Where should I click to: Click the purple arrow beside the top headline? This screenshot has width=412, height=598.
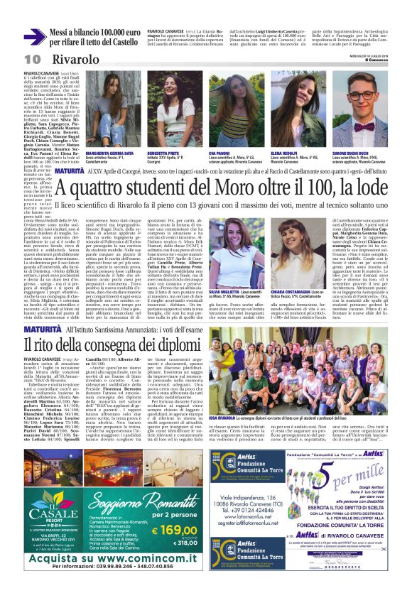point(35,37)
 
